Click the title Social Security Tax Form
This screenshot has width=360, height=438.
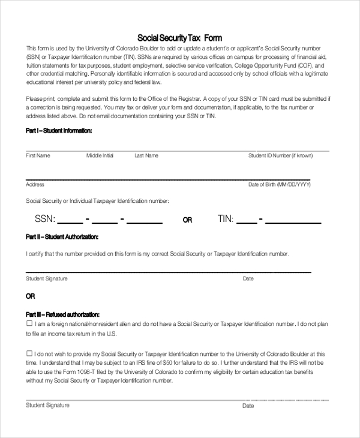point(180,37)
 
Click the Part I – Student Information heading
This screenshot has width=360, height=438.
point(59,130)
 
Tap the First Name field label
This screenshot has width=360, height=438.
point(38,155)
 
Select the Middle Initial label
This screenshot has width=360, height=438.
point(100,155)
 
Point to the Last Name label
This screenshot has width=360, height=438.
point(146,155)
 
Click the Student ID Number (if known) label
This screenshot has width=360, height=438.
point(280,155)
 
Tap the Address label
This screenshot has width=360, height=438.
point(35,185)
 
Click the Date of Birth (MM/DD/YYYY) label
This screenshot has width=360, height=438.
point(280,185)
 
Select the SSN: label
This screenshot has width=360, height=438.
point(45,219)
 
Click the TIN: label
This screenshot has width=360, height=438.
point(226,219)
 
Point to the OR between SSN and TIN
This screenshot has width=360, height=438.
point(187,220)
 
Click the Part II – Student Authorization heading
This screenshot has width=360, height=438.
point(62,238)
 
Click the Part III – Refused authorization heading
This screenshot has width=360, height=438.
point(62,314)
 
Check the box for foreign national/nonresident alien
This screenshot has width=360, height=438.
point(29,323)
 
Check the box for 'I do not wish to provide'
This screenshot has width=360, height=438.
point(29,353)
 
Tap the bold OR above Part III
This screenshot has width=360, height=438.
point(31,296)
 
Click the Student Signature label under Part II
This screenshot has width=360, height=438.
point(47,278)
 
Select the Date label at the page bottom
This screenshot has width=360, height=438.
point(248,406)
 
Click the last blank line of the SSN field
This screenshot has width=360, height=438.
point(145,222)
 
